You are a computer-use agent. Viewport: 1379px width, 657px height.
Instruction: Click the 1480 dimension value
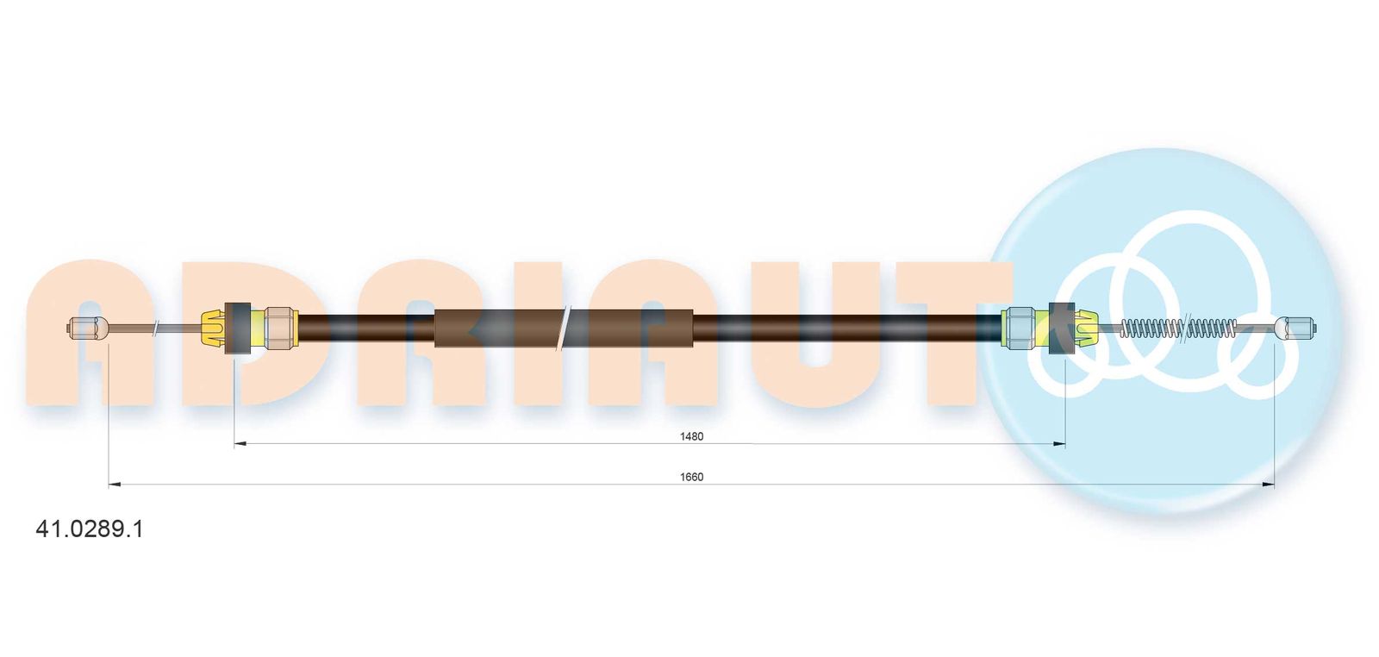(x=691, y=436)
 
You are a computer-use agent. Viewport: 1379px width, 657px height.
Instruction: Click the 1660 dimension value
(x=691, y=477)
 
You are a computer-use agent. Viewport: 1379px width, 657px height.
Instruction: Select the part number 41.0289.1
(x=90, y=529)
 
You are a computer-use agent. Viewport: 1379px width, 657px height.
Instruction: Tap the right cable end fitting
(x=1296, y=328)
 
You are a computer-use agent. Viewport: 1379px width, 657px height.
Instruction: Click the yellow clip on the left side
(x=214, y=328)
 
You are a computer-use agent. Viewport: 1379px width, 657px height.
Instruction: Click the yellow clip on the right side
(x=1086, y=328)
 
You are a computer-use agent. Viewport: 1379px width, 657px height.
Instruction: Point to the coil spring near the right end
(x=1178, y=328)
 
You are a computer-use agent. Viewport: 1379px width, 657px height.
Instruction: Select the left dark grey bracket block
(x=238, y=328)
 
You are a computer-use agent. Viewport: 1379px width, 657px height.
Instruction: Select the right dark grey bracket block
(x=1061, y=328)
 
